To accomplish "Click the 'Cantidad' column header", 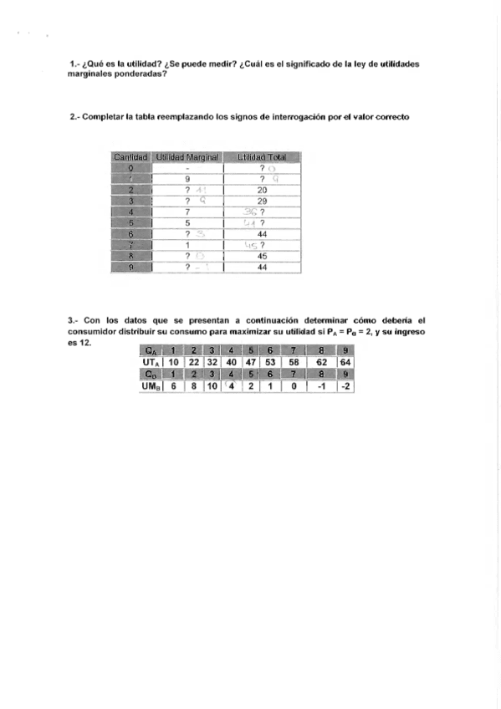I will [130, 156].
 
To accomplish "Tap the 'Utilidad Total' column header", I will [262, 156].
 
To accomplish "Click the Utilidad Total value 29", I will [262, 201].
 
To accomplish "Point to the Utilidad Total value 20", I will [262, 190].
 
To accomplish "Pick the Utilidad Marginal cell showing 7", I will [187, 212].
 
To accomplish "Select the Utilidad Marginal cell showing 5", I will [187, 223].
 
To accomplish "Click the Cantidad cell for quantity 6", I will [131, 234].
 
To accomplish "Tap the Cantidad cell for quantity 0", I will [131, 167].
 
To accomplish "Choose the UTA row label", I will [151, 361].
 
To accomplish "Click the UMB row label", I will [151, 385].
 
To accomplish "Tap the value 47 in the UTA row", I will [249, 361].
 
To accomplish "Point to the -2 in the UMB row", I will [347, 385].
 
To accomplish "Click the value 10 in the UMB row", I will [212, 385].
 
